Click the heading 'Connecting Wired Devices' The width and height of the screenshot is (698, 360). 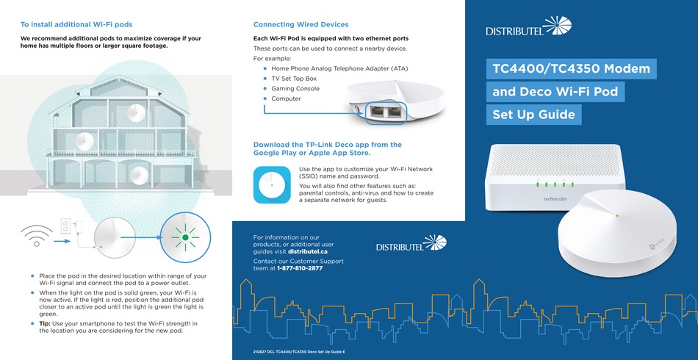pyautogui.click(x=301, y=24)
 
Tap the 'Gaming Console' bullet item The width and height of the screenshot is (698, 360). pyautogui.click(x=295, y=88)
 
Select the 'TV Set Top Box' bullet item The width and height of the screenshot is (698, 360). pyautogui.click(x=294, y=78)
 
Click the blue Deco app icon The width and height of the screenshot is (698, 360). pyautogui.click(x=272, y=184)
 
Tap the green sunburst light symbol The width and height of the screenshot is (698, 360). pyautogui.click(x=185, y=237)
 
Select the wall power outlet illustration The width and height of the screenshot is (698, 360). pyautogui.click(x=65, y=225)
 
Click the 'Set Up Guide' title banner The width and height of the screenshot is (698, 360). pyautogui.click(x=533, y=115)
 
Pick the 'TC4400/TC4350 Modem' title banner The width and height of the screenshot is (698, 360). pyautogui.click(x=570, y=69)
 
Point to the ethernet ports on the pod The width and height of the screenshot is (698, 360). pyautogui.click(x=386, y=112)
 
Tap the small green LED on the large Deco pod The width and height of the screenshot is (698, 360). pyautogui.click(x=616, y=216)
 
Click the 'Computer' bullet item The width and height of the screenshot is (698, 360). pyautogui.click(x=286, y=98)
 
